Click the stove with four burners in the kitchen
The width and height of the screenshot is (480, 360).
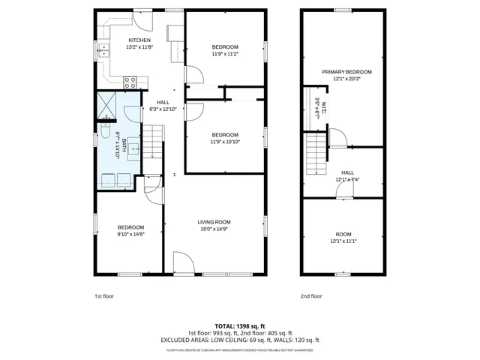pos(130,81)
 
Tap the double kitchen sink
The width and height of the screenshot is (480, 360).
pos(103,50)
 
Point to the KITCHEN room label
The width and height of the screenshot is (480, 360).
pos(139,40)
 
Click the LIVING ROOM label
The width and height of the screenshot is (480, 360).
pos(214,222)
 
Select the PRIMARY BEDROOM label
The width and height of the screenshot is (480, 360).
pos(346,72)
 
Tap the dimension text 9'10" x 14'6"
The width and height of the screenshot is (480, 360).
pos(130,234)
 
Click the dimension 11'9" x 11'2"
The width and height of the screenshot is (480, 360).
pos(225,53)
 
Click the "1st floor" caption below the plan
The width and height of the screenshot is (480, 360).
pos(104,295)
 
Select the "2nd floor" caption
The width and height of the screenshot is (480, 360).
pos(310,295)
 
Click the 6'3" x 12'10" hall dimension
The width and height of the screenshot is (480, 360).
pos(163,109)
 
